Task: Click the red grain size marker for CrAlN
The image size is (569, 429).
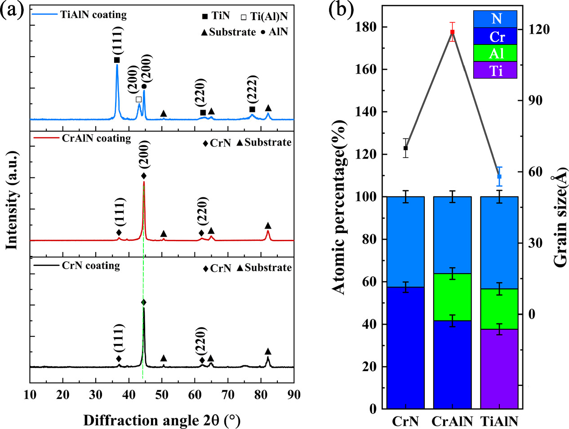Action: tap(452, 32)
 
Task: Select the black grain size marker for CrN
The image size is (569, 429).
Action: tap(405, 148)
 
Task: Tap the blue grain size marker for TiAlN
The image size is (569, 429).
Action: tap(499, 177)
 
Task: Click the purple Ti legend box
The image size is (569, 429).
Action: tap(495, 71)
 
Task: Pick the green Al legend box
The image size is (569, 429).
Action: tap(495, 53)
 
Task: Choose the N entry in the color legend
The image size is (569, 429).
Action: tap(495, 19)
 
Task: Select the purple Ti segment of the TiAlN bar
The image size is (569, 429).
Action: tap(499, 369)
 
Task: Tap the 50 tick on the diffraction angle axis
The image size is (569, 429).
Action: tap(162, 395)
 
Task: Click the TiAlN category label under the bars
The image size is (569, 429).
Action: tap(500, 421)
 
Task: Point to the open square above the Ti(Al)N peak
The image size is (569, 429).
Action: tap(138, 99)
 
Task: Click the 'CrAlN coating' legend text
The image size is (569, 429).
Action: tap(96, 138)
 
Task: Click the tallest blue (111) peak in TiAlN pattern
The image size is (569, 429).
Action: tap(117, 66)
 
